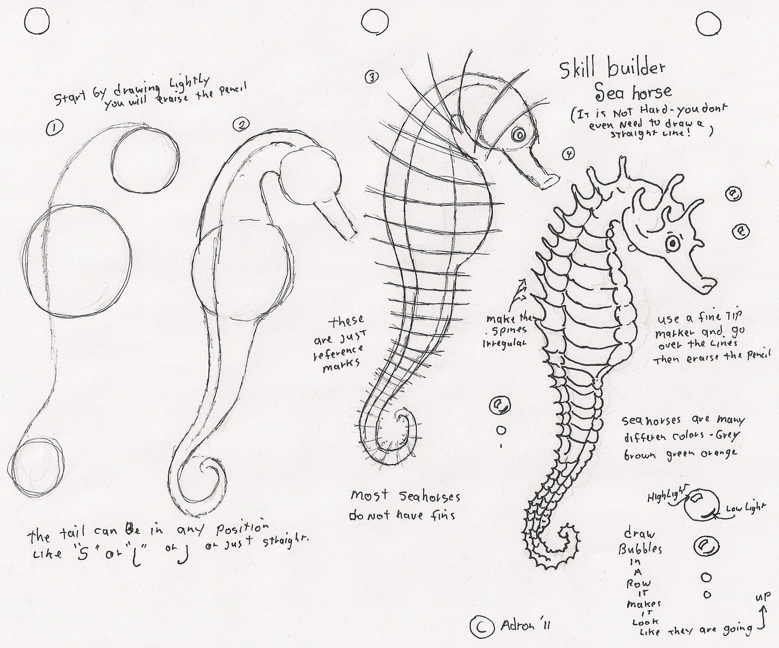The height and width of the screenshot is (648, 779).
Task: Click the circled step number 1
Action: click(x=53, y=128)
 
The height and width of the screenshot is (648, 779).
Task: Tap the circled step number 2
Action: click(x=240, y=125)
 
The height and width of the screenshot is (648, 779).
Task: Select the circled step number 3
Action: click(x=371, y=76)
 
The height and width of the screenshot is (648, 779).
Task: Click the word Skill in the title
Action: click(x=580, y=71)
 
